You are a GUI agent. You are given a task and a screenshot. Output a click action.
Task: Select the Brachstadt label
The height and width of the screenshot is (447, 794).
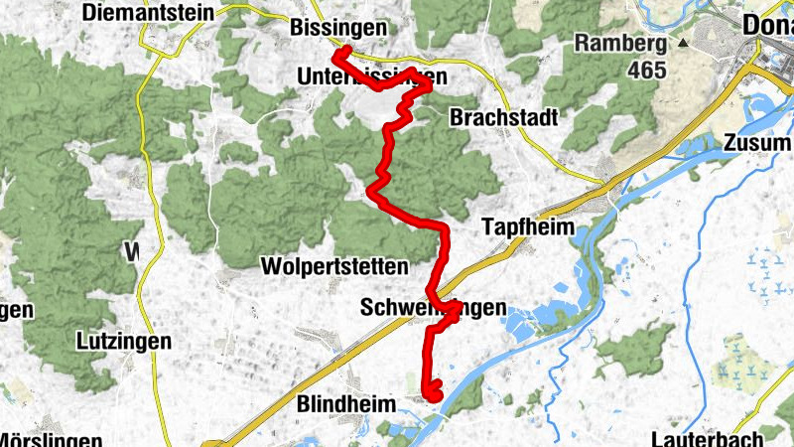click(x=503, y=117)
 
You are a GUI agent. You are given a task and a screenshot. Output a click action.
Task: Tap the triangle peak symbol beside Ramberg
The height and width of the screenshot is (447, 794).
click(x=683, y=44)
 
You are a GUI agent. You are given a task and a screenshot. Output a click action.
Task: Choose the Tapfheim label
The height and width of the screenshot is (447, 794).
click(x=528, y=227)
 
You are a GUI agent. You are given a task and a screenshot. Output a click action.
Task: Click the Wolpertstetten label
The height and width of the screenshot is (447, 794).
click(x=334, y=266)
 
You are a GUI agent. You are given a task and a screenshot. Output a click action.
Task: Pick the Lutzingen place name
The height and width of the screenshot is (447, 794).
click(x=123, y=341)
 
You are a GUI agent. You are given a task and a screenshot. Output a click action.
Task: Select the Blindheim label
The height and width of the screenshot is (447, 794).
click(x=346, y=404)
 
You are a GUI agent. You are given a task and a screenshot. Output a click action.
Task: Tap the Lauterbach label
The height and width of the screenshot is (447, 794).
click(x=708, y=437)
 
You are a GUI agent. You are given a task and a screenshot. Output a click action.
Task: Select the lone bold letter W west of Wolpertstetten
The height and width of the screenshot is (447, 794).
click(x=132, y=252)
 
